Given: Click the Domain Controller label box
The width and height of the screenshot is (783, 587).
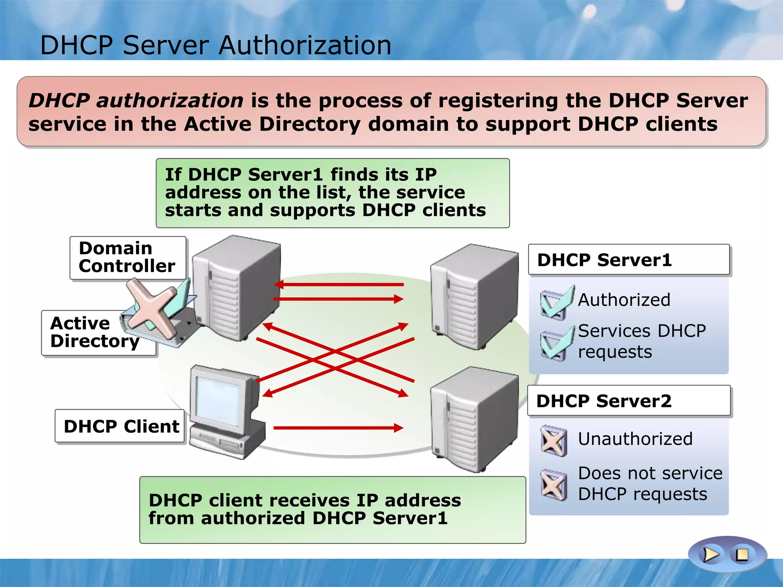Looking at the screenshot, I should click(x=127, y=258).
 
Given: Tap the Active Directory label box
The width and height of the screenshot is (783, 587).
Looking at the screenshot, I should click(x=88, y=332).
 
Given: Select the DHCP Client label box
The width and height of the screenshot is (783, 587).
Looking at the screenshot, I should click(x=120, y=426).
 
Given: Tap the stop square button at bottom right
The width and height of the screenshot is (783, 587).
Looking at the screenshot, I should click(x=742, y=555).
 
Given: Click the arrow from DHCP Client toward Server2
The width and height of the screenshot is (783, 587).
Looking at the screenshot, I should click(x=338, y=428).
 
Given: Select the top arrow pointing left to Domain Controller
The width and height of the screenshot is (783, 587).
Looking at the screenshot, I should click(x=338, y=284).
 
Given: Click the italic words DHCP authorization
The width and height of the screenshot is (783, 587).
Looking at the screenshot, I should click(x=136, y=101).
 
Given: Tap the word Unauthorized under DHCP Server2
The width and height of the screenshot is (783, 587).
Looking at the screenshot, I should click(x=635, y=439).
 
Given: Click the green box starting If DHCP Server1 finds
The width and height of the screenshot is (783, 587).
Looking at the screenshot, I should click(x=333, y=193).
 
